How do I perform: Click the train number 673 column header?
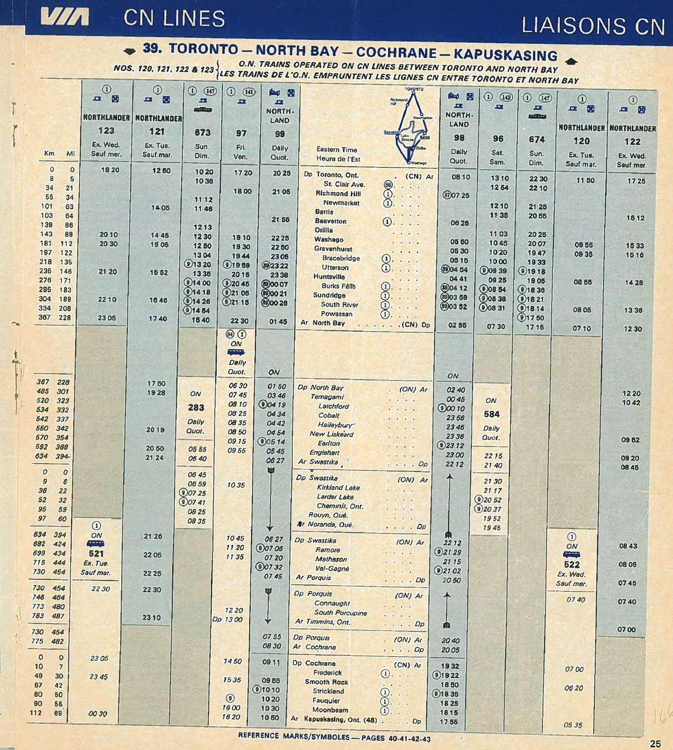[202, 133]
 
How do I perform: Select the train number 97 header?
[241, 134]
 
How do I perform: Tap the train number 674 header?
[536, 139]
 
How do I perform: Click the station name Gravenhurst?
[333, 248]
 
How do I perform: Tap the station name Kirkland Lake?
[338, 487]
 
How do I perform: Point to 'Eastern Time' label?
[336, 149]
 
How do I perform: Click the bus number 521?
[96, 554]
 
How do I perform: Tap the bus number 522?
[572, 565]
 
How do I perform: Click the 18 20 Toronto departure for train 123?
[110, 170]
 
